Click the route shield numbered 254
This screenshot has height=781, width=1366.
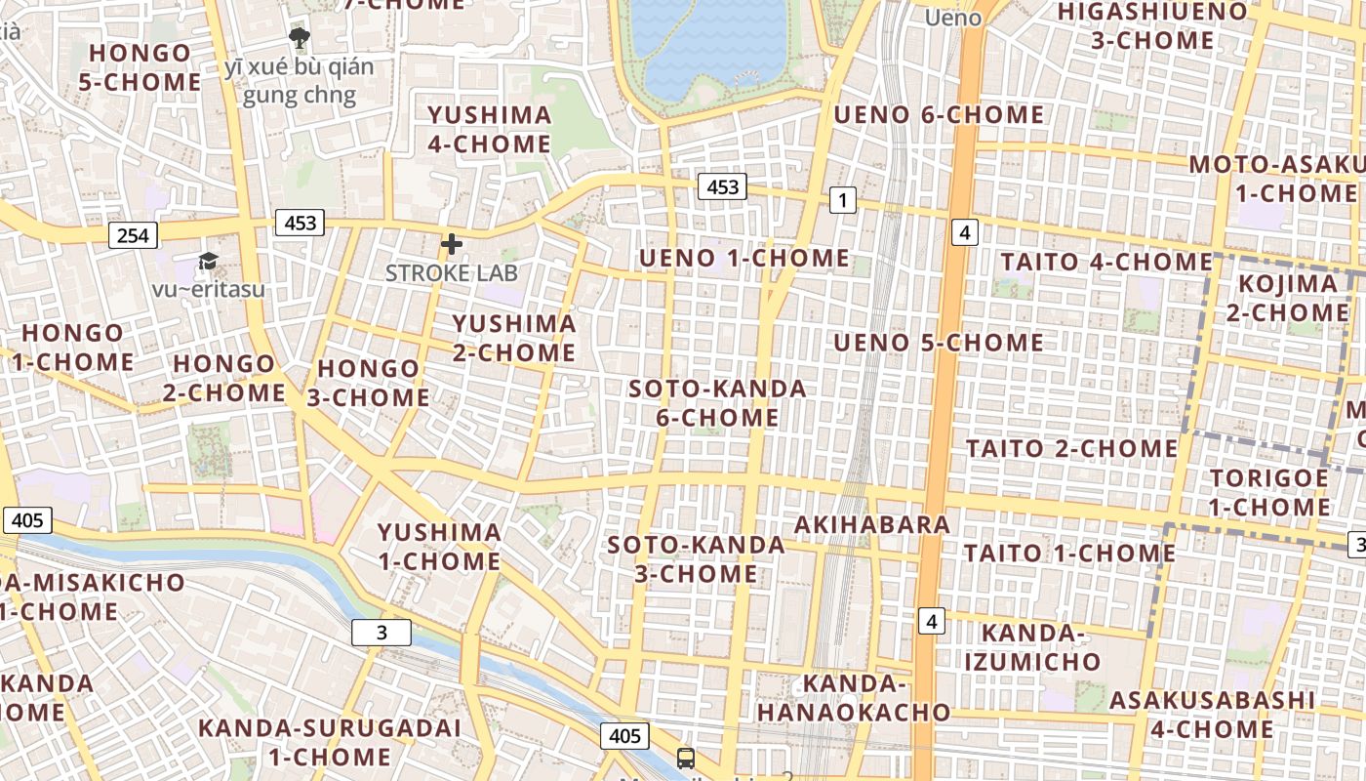click(x=133, y=235)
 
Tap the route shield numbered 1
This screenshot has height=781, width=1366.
click(x=842, y=201)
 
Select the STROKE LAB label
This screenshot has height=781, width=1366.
click(x=451, y=272)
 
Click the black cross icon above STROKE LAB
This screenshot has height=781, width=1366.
click(x=451, y=244)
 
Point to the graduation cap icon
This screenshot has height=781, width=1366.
click(x=208, y=261)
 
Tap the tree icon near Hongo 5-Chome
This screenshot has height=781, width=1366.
click(x=299, y=39)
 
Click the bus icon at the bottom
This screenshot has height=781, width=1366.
click(x=686, y=758)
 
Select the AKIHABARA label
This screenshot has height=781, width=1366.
click(x=872, y=524)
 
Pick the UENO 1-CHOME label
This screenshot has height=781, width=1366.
click(x=744, y=258)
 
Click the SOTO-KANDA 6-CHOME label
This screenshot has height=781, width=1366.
click(x=717, y=403)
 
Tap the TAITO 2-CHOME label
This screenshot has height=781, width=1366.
click(x=1072, y=448)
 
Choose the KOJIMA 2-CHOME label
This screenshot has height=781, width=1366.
click(x=1287, y=298)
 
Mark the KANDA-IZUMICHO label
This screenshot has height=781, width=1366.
click(x=1032, y=647)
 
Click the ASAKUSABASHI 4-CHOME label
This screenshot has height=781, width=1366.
click(x=1212, y=715)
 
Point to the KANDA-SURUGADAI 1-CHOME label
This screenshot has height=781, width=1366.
click(x=329, y=742)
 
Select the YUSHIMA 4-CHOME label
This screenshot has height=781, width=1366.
click(x=490, y=130)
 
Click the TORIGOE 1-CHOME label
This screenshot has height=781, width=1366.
click(x=1268, y=493)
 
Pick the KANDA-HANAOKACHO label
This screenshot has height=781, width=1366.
click(x=854, y=697)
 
